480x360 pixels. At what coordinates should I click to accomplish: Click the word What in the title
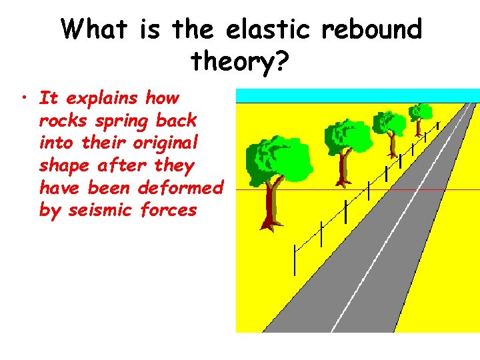tap(97, 30)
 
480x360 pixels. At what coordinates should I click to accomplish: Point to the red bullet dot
tap(24, 99)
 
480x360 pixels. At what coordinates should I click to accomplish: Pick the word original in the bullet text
tap(163, 143)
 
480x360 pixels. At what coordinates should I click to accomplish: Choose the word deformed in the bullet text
tap(180, 188)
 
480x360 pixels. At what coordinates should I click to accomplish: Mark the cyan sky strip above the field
tap(357, 95)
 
